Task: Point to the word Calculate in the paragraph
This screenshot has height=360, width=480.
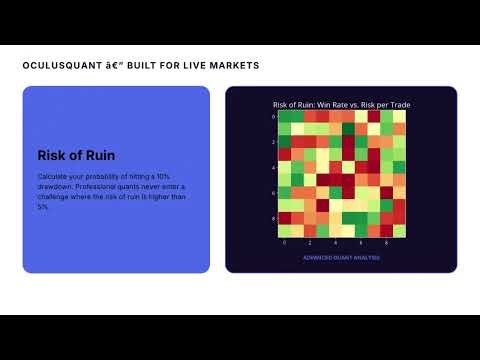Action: click(54, 176)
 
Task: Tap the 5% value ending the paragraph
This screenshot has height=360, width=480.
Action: click(43, 208)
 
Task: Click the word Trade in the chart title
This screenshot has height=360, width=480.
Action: click(398, 105)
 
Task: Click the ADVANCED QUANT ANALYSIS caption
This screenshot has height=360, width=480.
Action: click(341, 257)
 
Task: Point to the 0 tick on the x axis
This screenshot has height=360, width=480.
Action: click(284, 243)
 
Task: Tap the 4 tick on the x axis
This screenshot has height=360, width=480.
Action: click(335, 243)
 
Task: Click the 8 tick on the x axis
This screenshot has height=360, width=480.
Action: click(386, 243)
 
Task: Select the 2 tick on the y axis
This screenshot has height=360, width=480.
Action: click(273, 142)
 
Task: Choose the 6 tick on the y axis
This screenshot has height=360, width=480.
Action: click(273, 193)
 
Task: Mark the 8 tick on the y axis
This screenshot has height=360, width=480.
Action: click(273, 218)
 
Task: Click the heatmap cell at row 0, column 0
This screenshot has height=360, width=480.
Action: click(284, 116)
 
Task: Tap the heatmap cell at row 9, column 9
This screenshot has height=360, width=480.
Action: click(399, 231)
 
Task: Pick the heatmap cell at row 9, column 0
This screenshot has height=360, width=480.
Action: click(284, 231)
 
